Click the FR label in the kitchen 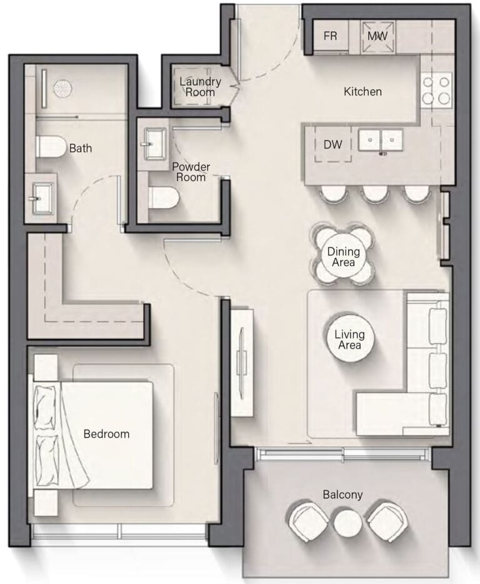[330, 36]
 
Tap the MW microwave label [377, 36]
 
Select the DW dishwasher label [332, 144]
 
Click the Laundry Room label [200, 87]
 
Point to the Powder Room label [191, 172]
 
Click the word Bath [81, 148]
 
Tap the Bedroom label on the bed [107, 434]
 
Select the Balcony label [343, 495]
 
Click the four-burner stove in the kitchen [436, 89]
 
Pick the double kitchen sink [381, 140]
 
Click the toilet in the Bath [51, 146]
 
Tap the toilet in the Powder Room [164, 198]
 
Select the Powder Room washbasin [155, 144]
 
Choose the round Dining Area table [343, 257]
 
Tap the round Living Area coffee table [349, 339]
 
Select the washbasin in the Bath [41, 198]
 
